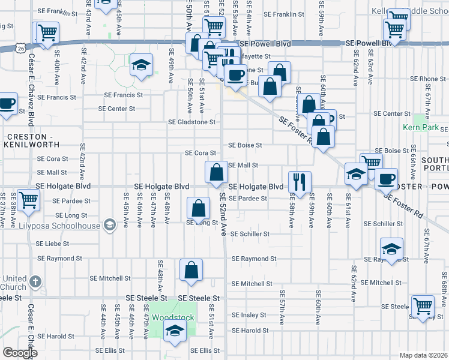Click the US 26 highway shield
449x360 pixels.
22,47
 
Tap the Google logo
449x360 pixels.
19,353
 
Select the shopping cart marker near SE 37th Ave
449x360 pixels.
28,200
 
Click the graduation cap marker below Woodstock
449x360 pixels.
175,330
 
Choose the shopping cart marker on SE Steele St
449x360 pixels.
423,305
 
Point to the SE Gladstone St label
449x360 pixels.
191,122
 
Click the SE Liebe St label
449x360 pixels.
53,244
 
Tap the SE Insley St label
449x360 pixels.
249,315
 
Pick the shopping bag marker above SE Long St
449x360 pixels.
199,208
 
